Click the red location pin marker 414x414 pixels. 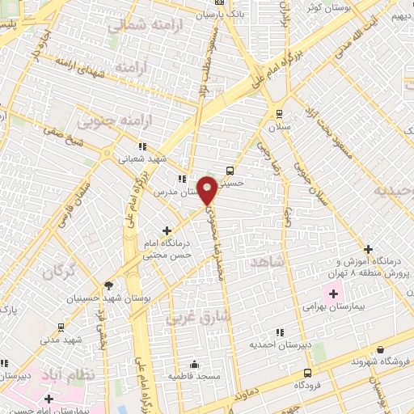(208, 189)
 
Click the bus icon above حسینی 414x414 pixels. (230, 171)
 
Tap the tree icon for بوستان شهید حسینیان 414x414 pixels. (108, 285)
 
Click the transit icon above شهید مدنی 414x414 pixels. (61, 327)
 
